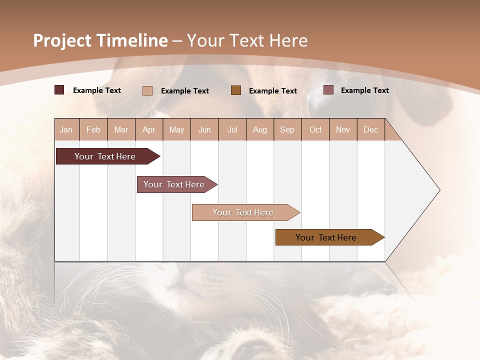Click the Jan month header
(66, 129)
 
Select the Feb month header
(93, 129)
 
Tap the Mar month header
(121, 129)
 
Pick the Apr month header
(149, 129)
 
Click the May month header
(176, 129)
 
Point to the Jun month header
(204, 129)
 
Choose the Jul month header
(232, 129)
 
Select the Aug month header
(260, 129)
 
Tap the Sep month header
(287, 129)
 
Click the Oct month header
(315, 129)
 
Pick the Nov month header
(343, 129)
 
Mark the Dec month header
(371, 129)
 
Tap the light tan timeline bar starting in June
(243, 212)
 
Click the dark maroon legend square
(59, 90)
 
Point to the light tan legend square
(147, 90)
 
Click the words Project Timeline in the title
(100, 40)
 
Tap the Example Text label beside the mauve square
(364, 90)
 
